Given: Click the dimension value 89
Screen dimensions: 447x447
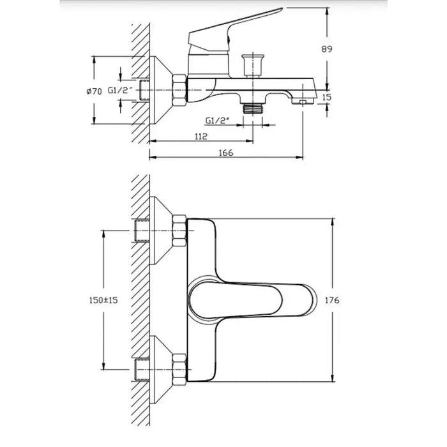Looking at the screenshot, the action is click(327, 49).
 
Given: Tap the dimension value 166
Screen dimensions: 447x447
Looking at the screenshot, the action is click(226, 153).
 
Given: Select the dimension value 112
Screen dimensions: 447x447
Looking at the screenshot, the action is click(201, 137).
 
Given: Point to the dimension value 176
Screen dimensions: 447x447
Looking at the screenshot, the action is click(332, 300).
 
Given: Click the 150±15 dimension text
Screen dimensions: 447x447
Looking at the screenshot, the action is click(103, 300).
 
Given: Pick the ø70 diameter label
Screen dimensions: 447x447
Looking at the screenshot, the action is click(94, 91).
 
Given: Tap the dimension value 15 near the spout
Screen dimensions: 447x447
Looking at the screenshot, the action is click(327, 97).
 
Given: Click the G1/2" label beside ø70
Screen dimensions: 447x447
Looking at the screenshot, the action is click(120, 91).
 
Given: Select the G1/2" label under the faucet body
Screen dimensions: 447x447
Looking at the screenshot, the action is click(217, 121).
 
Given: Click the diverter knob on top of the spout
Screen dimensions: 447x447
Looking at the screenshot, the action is click(253, 65).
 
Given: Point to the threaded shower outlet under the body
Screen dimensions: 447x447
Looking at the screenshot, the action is click(253, 108).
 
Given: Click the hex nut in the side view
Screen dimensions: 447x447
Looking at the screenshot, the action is click(179, 91).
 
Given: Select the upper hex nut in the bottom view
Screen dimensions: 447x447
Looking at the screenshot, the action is click(179, 231).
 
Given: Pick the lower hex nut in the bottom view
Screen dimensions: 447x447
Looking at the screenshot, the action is click(179, 370).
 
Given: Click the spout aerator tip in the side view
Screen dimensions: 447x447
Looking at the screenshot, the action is click(303, 101).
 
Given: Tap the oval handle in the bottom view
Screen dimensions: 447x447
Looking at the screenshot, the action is click(236, 300).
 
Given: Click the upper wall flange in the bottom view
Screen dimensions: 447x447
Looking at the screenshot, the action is click(161, 231).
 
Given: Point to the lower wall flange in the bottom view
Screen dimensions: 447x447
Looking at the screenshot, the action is click(161, 370).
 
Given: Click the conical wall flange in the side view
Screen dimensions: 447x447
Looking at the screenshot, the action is click(161, 91).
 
